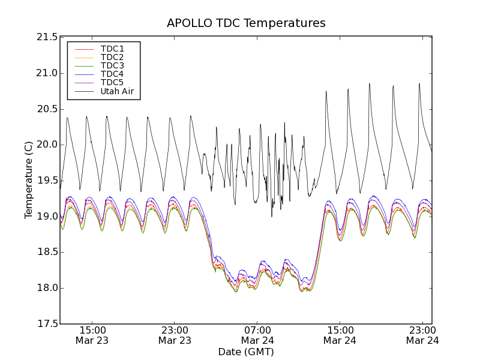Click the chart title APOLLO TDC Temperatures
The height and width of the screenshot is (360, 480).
[x=246, y=23]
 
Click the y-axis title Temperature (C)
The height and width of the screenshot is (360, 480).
[x=29, y=180]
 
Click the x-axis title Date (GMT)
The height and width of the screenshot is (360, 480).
[x=246, y=352]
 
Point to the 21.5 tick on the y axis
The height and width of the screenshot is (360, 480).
[x=47, y=37]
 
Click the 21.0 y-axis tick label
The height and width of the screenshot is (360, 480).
[x=47, y=73]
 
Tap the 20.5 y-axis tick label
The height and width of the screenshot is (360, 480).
[x=47, y=109]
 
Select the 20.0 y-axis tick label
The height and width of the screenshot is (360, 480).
[x=47, y=145]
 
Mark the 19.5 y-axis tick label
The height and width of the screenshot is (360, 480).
[x=47, y=181]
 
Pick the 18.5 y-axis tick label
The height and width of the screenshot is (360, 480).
[x=47, y=252]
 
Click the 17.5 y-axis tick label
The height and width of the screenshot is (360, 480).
[x=47, y=324]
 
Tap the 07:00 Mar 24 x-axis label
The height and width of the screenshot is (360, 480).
[x=257, y=335]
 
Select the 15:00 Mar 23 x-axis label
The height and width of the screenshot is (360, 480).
[x=92, y=335]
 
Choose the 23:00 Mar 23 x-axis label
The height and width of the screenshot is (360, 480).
[x=175, y=335]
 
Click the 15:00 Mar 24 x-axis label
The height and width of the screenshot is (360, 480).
[x=340, y=335]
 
